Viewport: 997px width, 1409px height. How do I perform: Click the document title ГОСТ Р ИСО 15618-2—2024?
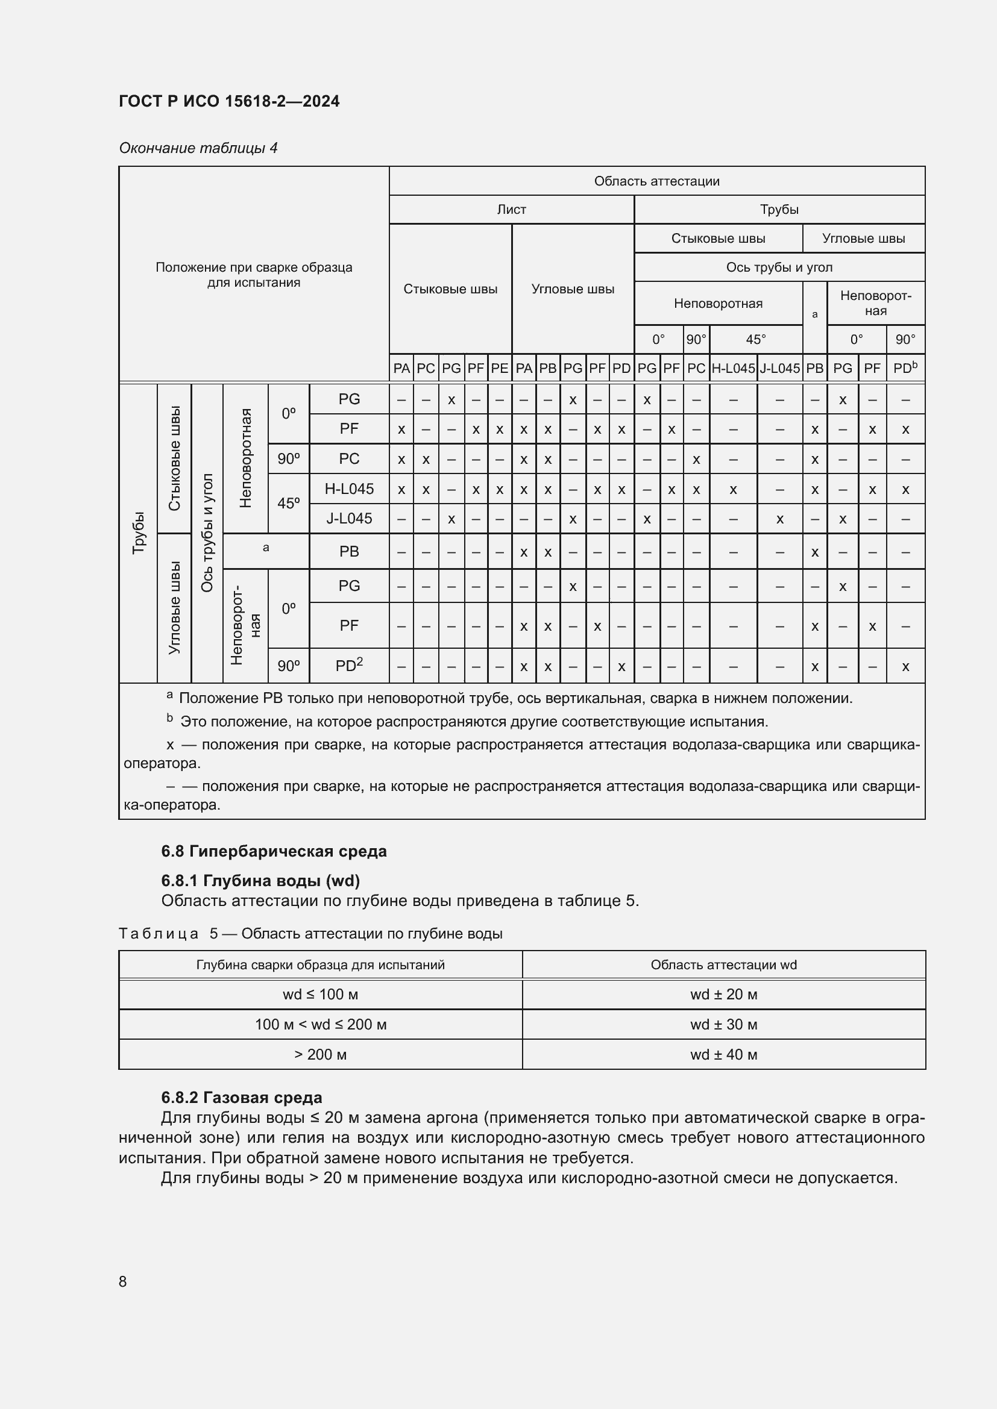(x=229, y=101)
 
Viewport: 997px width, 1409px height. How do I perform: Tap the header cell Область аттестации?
(x=656, y=181)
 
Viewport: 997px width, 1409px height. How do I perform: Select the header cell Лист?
(x=511, y=210)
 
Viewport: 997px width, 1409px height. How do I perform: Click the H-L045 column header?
(x=732, y=368)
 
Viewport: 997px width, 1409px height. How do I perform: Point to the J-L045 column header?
(x=779, y=368)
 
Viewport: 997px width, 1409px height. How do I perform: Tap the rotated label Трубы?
(x=139, y=533)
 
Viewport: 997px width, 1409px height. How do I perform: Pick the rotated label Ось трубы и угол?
(x=207, y=533)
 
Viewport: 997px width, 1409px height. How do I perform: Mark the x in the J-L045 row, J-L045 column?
(x=779, y=519)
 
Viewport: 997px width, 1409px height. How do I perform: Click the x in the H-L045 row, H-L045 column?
(x=732, y=490)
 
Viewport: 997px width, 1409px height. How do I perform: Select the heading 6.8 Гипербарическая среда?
(x=274, y=851)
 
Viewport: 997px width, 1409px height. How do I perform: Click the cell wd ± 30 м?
(x=723, y=1024)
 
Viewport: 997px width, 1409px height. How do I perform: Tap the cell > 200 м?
(x=320, y=1054)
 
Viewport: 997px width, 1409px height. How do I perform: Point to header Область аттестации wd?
(x=723, y=964)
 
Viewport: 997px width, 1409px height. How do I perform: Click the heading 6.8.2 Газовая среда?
(x=241, y=1097)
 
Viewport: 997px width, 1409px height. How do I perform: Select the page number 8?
(x=123, y=1281)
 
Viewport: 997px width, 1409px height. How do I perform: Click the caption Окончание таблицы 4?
(x=198, y=148)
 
